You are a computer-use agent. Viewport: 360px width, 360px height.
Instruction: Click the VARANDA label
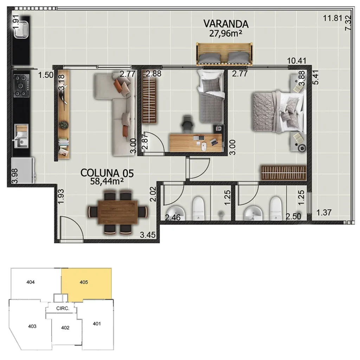coord(226,24)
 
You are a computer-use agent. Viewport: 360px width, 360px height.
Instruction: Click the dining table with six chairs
coord(118,212)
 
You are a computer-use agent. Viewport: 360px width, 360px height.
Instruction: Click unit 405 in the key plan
coord(87,284)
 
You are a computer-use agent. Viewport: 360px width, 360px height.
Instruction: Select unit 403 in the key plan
coord(32,326)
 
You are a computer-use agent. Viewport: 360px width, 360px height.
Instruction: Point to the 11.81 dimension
coord(333,18)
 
